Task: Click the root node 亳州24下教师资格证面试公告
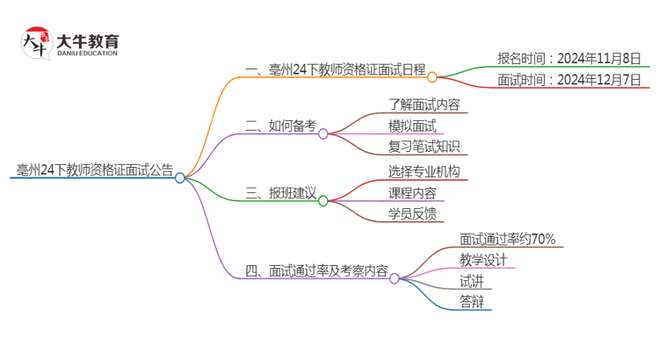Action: click(x=94, y=169)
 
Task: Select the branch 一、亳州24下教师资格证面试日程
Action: click(x=336, y=68)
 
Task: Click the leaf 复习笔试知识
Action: click(x=424, y=147)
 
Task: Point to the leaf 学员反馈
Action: click(x=411, y=213)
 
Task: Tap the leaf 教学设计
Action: click(x=483, y=259)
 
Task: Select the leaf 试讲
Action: click(x=471, y=281)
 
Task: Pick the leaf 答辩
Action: click(x=471, y=303)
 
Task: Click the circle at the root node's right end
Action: click(x=180, y=177)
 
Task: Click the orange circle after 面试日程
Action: click(x=432, y=77)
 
